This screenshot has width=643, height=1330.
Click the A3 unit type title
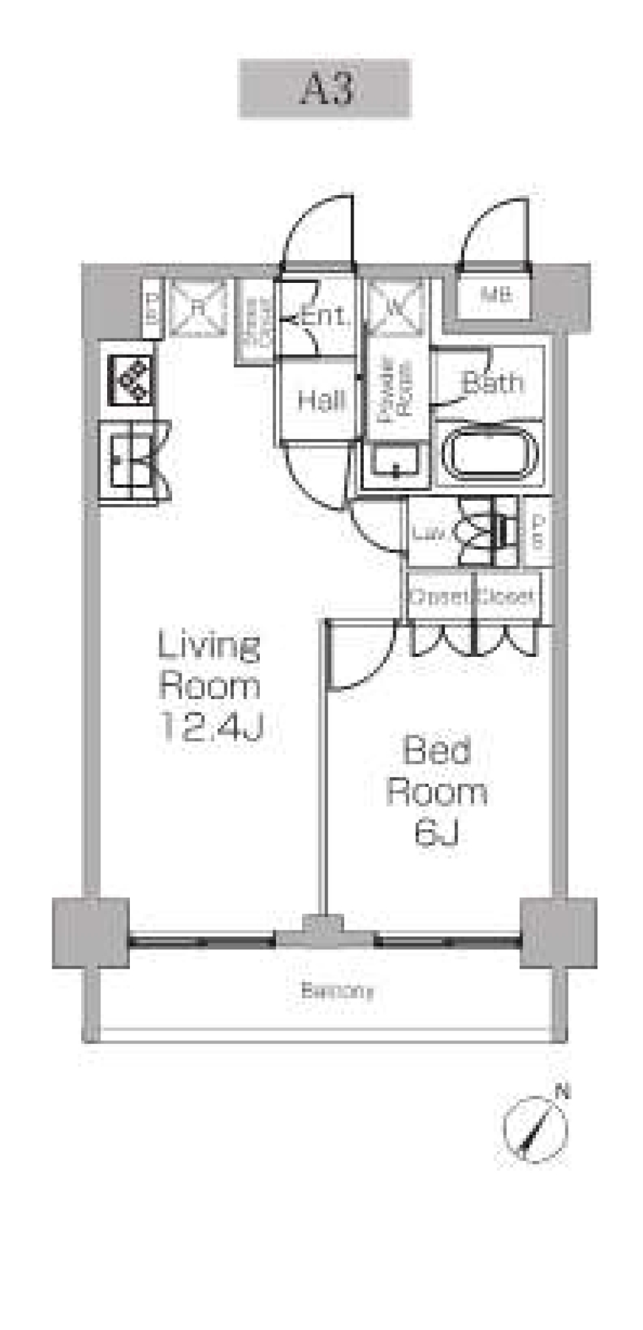click(x=325, y=88)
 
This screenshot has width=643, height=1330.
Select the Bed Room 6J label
click(x=437, y=791)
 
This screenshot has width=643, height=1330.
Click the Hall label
click(x=321, y=401)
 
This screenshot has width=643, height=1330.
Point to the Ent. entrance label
click(x=324, y=315)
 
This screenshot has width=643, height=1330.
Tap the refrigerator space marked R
click(x=197, y=308)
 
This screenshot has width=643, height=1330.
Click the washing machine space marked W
click(x=395, y=308)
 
